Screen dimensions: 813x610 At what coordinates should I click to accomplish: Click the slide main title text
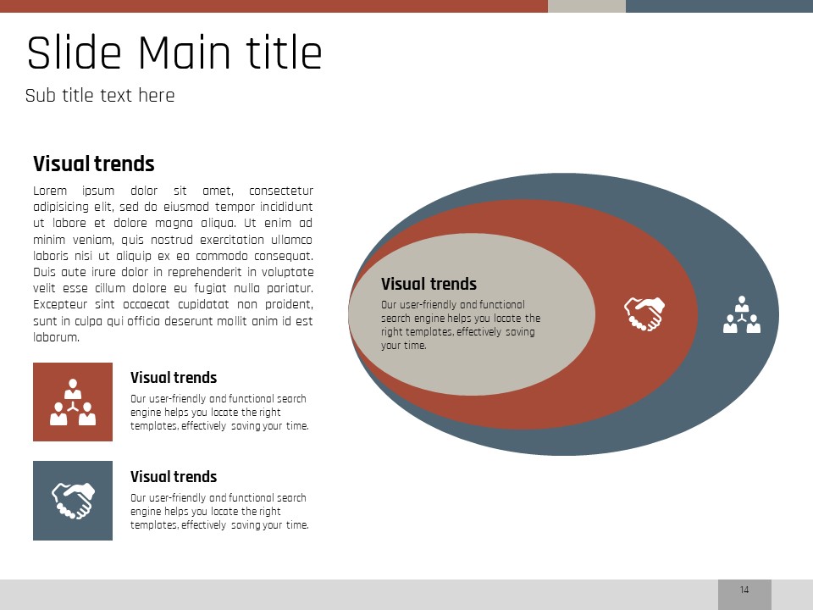tap(174, 53)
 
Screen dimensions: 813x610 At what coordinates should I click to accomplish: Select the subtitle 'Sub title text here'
tap(100, 96)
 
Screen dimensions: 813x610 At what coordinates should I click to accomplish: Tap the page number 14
tap(744, 590)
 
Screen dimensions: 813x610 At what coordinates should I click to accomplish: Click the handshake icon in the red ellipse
tap(644, 313)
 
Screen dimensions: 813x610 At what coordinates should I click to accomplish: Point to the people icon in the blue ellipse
tap(742, 314)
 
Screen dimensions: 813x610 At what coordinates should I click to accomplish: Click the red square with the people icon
tap(73, 402)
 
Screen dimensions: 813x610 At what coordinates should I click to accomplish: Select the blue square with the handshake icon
tap(73, 501)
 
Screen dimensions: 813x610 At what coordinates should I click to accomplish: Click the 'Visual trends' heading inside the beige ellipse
tap(429, 284)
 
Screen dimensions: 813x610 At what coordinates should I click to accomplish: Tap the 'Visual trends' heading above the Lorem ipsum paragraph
tap(94, 164)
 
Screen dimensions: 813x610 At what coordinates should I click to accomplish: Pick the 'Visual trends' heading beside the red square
tap(174, 378)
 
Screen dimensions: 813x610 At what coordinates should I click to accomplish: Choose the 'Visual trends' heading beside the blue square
tap(174, 477)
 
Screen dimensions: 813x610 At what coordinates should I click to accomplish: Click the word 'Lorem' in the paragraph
tap(50, 191)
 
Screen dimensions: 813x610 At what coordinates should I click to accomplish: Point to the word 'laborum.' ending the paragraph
tap(57, 337)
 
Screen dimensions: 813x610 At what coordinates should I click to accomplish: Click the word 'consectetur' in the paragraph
tap(281, 191)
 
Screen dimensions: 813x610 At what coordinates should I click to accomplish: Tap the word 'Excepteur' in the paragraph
tap(60, 304)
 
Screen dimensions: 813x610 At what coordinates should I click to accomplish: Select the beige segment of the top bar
tap(587, 6)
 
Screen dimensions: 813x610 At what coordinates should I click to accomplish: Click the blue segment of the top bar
tap(719, 6)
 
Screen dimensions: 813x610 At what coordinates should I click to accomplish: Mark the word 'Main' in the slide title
tap(184, 53)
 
